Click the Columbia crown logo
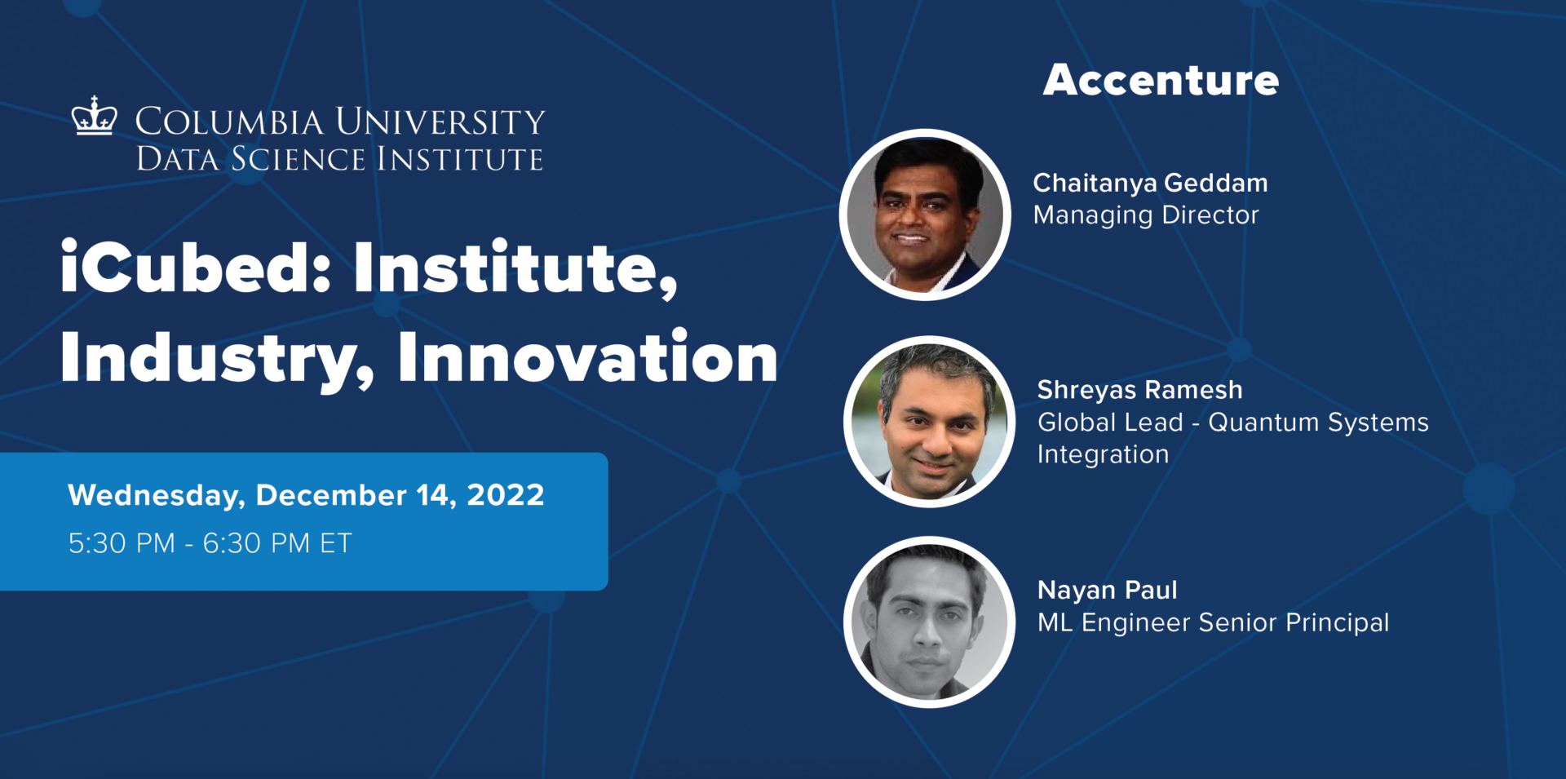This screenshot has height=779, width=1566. pyautogui.click(x=94, y=116)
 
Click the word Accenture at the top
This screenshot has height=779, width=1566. pyautogui.click(x=1161, y=80)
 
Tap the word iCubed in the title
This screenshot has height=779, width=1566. pyautogui.click(x=195, y=268)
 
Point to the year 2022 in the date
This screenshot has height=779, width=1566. pyautogui.click(x=505, y=495)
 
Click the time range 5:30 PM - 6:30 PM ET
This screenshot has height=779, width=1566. pyautogui.click(x=210, y=543)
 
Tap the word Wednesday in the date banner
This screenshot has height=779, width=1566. pyautogui.click(x=156, y=495)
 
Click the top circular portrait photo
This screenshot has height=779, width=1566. pyautogui.click(x=925, y=215)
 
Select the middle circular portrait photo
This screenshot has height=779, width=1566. pyautogui.click(x=929, y=422)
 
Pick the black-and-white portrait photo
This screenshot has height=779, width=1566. pyautogui.click(x=929, y=622)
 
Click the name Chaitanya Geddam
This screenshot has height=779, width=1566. pyautogui.click(x=1150, y=183)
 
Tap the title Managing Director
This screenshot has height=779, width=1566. pyautogui.click(x=1145, y=215)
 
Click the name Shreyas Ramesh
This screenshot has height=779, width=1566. pyautogui.click(x=1139, y=390)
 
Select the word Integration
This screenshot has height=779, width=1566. pyautogui.click(x=1103, y=454)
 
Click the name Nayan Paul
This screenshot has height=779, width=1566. pyautogui.click(x=1107, y=590)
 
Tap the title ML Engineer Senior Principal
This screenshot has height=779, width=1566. pyautogui.click(x=1213, y=623)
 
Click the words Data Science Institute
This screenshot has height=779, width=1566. pyautogui.click(x=339, y=159)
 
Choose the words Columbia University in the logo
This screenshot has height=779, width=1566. pyautogui.click(x=339, y=122)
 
